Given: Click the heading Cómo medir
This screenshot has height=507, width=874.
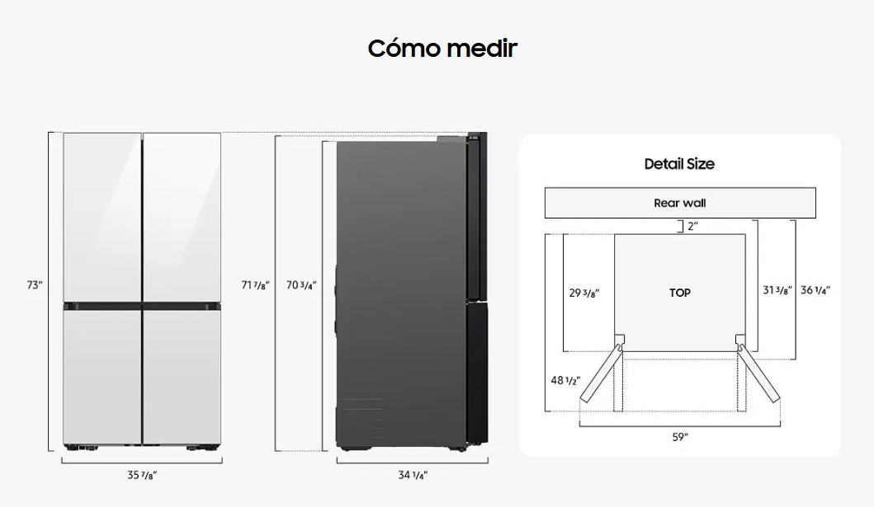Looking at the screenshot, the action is (442, 49).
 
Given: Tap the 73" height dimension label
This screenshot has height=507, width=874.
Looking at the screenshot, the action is (35, 285).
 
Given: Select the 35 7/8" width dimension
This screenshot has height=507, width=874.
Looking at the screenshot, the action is (142, 475).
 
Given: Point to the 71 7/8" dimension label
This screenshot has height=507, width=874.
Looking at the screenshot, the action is (255, 285).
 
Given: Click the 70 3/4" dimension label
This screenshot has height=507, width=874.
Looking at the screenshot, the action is (301, 285).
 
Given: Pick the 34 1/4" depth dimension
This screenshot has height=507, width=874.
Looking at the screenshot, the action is (413, 475).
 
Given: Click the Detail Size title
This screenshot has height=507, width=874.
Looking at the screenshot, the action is (679, 163).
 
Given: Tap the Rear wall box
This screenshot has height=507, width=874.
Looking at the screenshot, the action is (680, 203).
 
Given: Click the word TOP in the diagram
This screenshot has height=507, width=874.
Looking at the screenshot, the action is (680, 293).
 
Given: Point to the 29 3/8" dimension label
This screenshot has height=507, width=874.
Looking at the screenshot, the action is (584, 293).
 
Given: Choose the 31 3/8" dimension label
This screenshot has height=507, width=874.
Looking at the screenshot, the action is (777, 290).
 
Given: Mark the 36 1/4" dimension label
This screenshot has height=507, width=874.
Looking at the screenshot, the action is (815, 290).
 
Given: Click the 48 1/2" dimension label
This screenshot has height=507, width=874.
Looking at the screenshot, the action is (566, 381).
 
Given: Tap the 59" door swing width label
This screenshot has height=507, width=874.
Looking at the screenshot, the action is (680, 437).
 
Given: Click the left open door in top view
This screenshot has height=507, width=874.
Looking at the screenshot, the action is (601, 373).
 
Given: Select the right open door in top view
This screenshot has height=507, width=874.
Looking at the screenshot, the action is (759, 373).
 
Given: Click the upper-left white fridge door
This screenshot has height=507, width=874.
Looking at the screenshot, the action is (102, 217).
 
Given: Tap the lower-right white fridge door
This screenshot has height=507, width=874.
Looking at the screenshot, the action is (182, 377).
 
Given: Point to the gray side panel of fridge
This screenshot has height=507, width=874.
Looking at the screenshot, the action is (401, 293).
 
